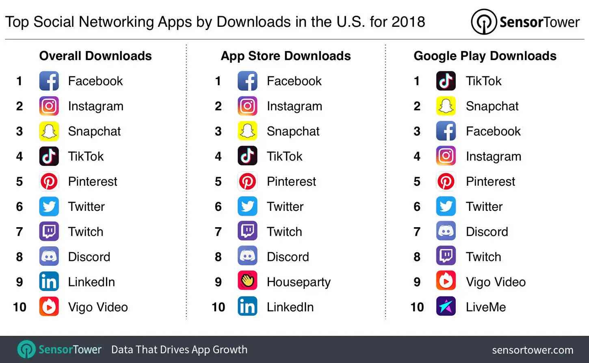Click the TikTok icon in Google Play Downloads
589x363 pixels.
point(446,81)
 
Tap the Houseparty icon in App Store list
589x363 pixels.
point(247,281)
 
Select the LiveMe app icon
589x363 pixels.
point(446,306)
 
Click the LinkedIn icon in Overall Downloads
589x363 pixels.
point(49,281)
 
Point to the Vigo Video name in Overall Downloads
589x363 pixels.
point(98,307)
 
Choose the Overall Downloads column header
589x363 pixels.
point(95,56)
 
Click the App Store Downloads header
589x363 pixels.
point(286,56)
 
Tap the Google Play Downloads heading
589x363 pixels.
point(485,56)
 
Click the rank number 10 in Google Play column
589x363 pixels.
point(417,307)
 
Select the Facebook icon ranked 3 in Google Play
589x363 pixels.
point(446,131)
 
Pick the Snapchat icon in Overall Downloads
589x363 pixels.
point(49,131)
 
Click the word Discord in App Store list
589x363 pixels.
point(288,257)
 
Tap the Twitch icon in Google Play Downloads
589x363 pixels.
point(446,256)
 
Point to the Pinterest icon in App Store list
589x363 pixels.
point(247,181)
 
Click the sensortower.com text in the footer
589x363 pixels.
point(533,350)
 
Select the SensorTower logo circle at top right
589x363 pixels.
point(483,22)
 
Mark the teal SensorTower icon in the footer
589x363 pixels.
point(27,349)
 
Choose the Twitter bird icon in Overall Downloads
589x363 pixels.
point(49,206)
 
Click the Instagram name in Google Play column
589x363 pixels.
point(493,157)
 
